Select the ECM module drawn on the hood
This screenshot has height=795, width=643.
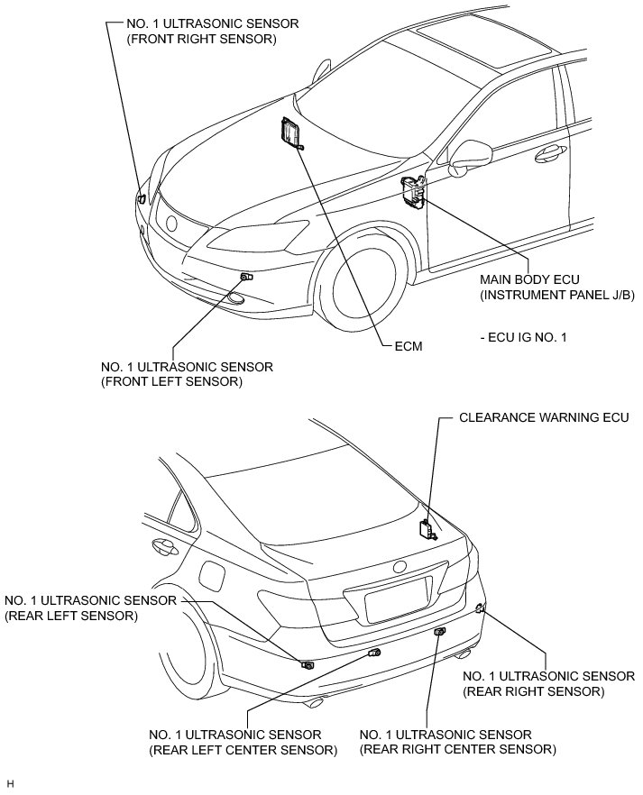[290, 133]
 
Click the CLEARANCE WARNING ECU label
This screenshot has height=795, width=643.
[537, 418]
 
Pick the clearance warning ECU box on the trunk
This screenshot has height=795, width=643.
[426, 529]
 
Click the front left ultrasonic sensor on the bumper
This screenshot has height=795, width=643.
[245, 277]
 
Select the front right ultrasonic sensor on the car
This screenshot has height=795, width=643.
[142, 197]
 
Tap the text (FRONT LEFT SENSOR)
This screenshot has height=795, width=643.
[173, 382]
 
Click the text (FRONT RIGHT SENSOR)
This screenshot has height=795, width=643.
[196, 41]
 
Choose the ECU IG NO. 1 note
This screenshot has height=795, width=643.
[523, 337]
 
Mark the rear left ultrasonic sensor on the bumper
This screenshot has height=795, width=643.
[308, 665]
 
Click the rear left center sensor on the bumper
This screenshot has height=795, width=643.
[374, 652]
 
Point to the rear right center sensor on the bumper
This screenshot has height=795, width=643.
[439, 634]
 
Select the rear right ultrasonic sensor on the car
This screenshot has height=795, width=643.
[481, 609]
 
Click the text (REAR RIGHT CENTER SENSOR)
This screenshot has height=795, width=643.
[457, 749]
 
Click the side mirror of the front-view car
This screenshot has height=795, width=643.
[468, 155]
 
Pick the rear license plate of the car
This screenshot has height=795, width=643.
[397, 599]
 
